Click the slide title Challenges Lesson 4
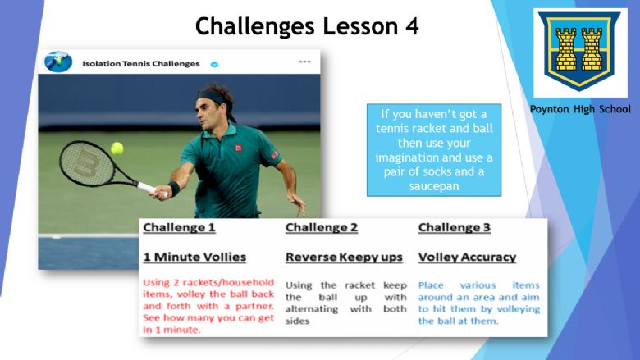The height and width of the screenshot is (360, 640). (307, 25)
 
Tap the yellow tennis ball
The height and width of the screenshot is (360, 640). (117, 148)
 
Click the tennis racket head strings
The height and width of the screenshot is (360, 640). (86, 164)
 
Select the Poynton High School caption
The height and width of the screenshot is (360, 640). (580, 109)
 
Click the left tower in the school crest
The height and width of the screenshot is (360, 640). (566, 50)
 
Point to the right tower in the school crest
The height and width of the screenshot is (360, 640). (592, 50)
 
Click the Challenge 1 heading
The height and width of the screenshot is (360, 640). (179, 227)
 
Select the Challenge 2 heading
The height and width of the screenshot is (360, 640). (321, 227)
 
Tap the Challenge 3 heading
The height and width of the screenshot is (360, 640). (454, 227)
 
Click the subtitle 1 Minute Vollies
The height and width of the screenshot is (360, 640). (194, 257)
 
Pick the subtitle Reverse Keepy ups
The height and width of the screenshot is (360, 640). (344, 257)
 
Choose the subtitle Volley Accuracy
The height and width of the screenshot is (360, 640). (467, 257)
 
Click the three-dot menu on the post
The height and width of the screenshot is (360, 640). (304, 62)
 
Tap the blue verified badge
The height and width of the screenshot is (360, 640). (214, 64)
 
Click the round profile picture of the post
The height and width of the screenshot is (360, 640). (58, 62)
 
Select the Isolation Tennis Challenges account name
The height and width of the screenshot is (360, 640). (141, 64)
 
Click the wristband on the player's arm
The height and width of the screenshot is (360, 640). (174, 189)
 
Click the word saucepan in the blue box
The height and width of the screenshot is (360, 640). (434, 186)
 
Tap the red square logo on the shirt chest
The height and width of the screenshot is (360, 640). (239, 148)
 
